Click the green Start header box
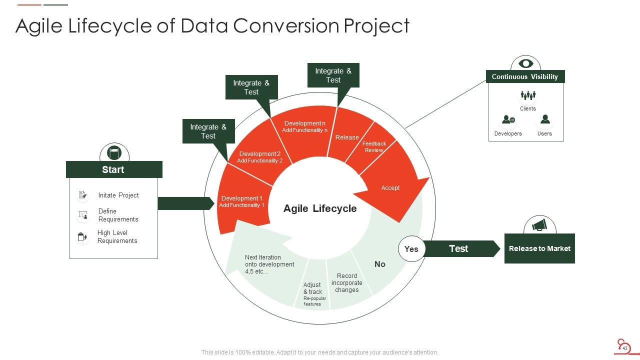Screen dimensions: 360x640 point(114,169)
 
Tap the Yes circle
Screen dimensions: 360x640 point(411,249)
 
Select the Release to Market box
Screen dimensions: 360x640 point(539,248)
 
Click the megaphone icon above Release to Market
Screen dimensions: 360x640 point(539,225)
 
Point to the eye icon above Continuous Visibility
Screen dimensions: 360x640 point(525,63)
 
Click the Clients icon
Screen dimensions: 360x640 point(528,95)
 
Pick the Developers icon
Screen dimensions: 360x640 point(508,120)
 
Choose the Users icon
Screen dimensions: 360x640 point(545,119)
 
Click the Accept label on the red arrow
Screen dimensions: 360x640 point(390,188)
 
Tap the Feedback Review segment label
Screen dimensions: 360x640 point(374,147)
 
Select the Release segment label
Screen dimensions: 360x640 point(347,137)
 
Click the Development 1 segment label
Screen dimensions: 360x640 point(241,201)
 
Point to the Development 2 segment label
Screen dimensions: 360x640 point(260,157)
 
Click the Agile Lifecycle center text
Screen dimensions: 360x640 point(320,208)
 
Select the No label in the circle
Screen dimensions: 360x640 point(380,264)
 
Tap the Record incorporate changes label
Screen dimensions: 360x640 point(347,283)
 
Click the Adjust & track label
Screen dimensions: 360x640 point(312,288)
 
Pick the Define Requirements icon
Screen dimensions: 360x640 point(82,215)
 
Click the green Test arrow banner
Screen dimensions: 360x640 point(459,248)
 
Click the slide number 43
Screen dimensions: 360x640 point(624,348)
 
